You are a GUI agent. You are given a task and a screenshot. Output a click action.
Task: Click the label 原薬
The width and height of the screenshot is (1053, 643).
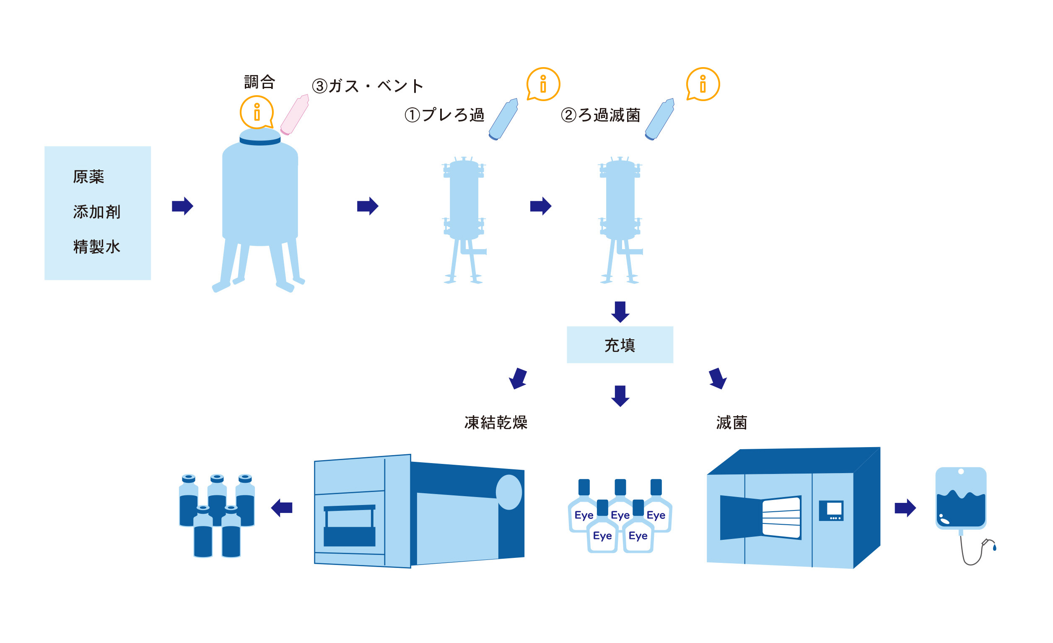pos(88,177)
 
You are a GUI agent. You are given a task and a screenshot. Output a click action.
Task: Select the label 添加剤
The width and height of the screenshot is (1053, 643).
pos(96,212)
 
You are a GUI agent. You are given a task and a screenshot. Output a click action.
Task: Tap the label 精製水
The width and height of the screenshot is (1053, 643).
pos(96,247)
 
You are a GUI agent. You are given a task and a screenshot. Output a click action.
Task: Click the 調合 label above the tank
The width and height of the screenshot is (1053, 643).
pos(259,82)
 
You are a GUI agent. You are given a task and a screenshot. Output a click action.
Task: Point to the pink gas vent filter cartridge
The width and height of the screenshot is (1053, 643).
pos(294,115)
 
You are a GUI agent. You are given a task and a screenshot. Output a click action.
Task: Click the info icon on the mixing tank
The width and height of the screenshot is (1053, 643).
pos(257,112)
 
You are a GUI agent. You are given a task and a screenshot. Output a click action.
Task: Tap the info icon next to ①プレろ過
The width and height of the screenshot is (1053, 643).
pos(543,84)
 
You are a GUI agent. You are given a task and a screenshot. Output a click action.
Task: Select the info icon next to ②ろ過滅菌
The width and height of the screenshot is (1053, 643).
pos(703,84)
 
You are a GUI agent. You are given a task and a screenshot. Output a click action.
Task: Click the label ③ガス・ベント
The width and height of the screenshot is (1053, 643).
pos(368,86)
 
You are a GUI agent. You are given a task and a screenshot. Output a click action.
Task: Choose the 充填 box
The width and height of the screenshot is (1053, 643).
pos(620,345)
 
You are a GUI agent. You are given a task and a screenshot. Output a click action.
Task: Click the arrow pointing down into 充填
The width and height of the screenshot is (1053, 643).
pos(620,312)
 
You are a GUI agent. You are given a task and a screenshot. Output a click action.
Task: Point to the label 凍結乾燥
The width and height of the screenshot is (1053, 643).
pos(496,422)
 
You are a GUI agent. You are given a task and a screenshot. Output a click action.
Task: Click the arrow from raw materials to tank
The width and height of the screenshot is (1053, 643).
pos(182,206)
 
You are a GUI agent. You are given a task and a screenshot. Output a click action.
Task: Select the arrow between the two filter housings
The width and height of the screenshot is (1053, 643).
pos(541,206)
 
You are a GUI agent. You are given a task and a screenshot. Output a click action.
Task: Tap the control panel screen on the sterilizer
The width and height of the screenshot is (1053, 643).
pos(831,510)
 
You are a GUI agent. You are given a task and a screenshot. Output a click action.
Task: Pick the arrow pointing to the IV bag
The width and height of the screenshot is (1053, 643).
pos(905,508)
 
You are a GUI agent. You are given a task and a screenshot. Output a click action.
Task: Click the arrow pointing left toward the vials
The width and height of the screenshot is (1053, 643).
pos(282,508)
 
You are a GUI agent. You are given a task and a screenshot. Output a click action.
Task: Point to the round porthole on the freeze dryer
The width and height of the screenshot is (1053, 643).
pos(508,492)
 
